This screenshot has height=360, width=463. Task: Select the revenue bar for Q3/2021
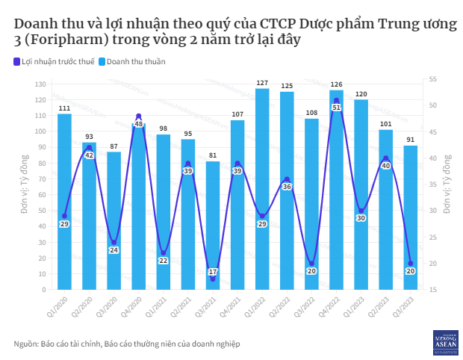point(213,225)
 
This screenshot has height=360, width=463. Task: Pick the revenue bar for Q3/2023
point(411,217)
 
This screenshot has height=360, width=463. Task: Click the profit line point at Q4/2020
point(139,117)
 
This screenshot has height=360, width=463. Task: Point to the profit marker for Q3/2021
point(213,279)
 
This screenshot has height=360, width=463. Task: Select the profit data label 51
point(337,108)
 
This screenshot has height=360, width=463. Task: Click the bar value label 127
point(262,83)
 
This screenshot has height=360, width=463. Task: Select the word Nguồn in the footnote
point(27,343)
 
